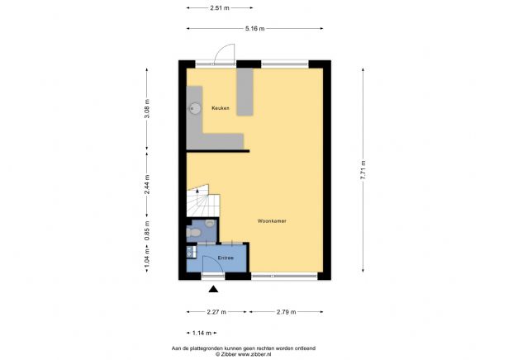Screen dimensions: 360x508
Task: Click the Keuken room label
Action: click(x=220, y=108)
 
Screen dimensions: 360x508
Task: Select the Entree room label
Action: click(x=226, y=258)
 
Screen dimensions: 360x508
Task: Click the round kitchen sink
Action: click(x=197, y=107)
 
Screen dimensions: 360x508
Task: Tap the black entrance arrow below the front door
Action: click(x=214, y=289)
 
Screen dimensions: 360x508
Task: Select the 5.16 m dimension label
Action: click(x=254, y=29)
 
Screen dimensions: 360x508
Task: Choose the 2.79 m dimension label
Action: click(x=285, y=312)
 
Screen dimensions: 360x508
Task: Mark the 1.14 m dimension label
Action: click(x=201, y=333)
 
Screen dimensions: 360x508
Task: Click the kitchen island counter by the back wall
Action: click(x=245, y=92)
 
